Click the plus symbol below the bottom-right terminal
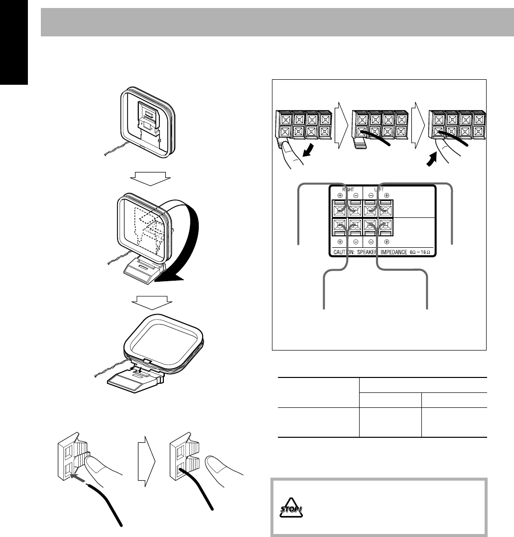coord(387,240)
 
